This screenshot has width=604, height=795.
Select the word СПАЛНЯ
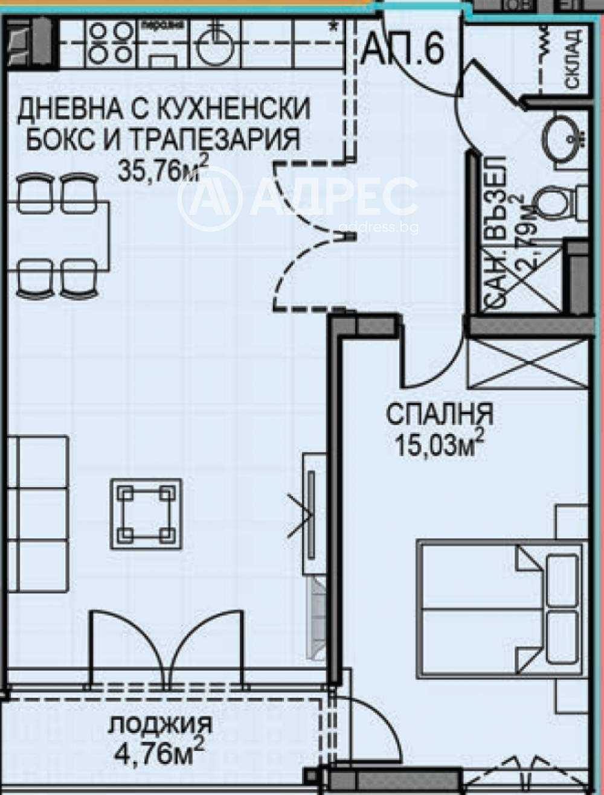(x=440, y=415)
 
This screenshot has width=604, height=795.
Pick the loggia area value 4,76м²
(x=159, y=752)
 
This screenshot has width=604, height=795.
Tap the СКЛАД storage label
(x=574, y=59)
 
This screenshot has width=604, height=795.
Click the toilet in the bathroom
(x=557, y=202)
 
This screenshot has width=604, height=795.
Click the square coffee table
(x=146, y=513)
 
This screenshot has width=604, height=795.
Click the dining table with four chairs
(x=57, y=235)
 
